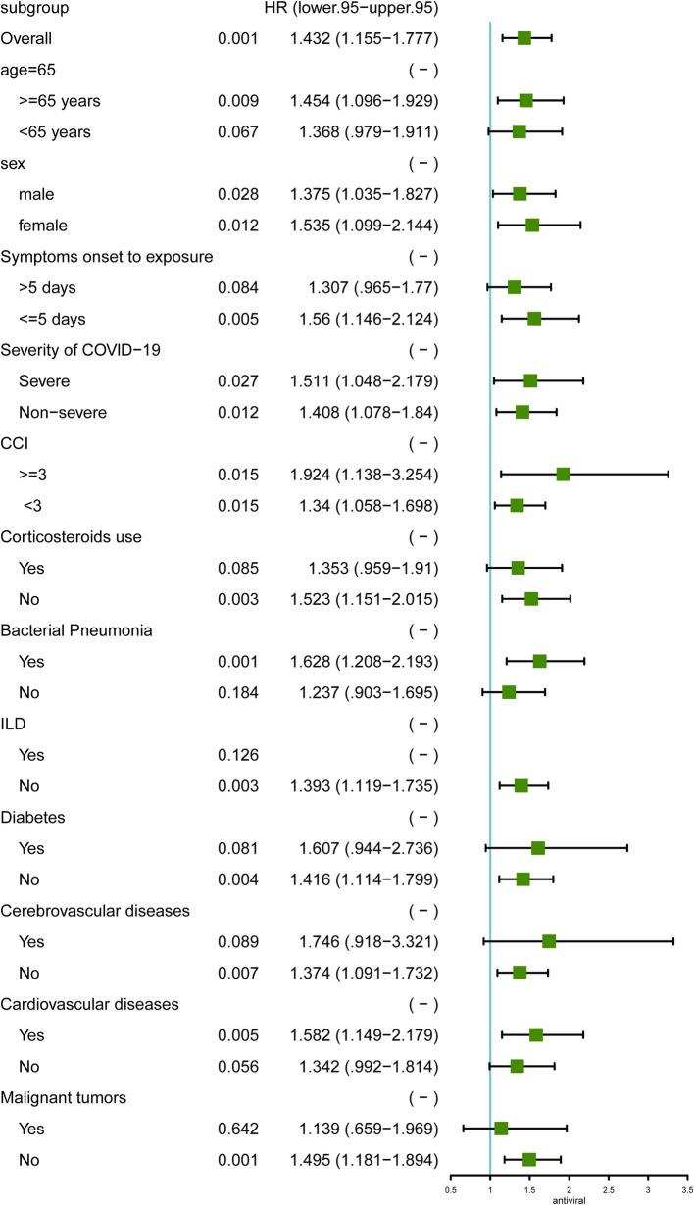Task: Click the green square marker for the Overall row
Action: pos(524,38)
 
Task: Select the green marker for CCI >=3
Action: pos(563,474)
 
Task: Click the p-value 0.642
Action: pos(238,1128)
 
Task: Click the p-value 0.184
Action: pos(238,691)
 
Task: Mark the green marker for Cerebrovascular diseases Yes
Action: pos(549,940)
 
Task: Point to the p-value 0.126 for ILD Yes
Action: pos(238,754)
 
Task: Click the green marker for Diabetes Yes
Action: pos(538,847)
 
